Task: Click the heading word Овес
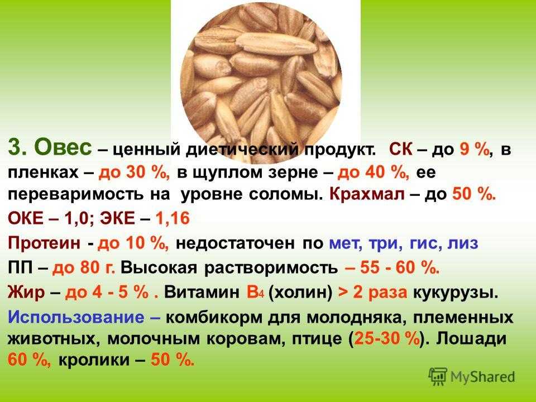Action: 63,147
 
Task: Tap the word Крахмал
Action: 367,194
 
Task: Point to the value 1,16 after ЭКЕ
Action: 173,218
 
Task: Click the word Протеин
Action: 45,243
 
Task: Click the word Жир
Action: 26,293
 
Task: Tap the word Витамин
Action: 202,293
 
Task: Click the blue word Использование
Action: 76,318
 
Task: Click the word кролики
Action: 94,360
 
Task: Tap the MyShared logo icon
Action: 438,377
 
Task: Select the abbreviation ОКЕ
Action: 26,218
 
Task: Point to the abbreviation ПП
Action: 21,268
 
